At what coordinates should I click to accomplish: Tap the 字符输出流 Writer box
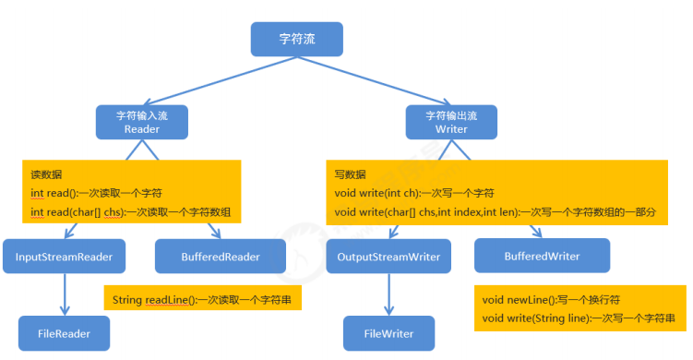[451, 122]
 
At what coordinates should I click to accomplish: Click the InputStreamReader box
[64, 257]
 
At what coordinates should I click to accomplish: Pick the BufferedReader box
[221, 257]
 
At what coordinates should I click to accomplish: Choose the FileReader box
[64, 332]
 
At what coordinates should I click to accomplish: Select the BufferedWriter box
[542, 255]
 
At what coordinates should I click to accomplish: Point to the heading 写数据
[350, 174]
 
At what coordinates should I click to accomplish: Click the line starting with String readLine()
[202, 300]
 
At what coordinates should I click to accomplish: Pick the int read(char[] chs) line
[130, 212]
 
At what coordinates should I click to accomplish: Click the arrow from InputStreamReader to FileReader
[64, 294]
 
